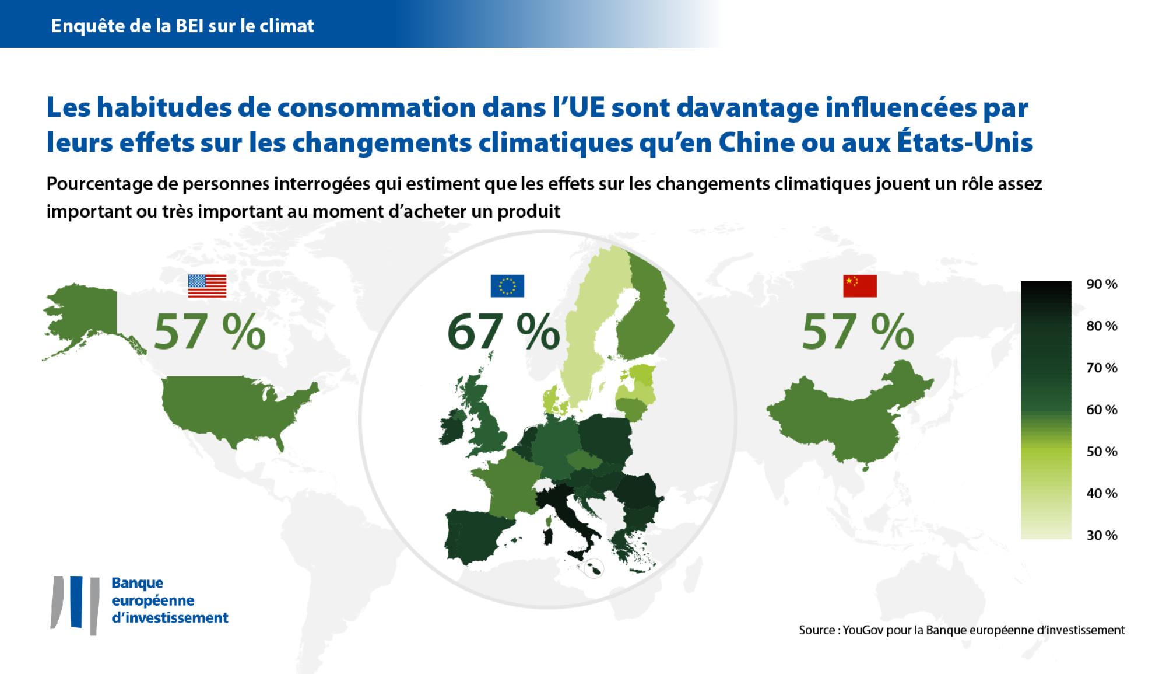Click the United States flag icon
(x=207, y=286)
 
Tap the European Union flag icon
(x=507, y=286)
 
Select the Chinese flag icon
(x=860, y=286)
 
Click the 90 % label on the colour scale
(x=1102, y=284)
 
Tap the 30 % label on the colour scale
(x=1102, y=536)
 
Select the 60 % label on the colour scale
(x=1102, y=410)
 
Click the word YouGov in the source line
(x=862, y=630)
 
